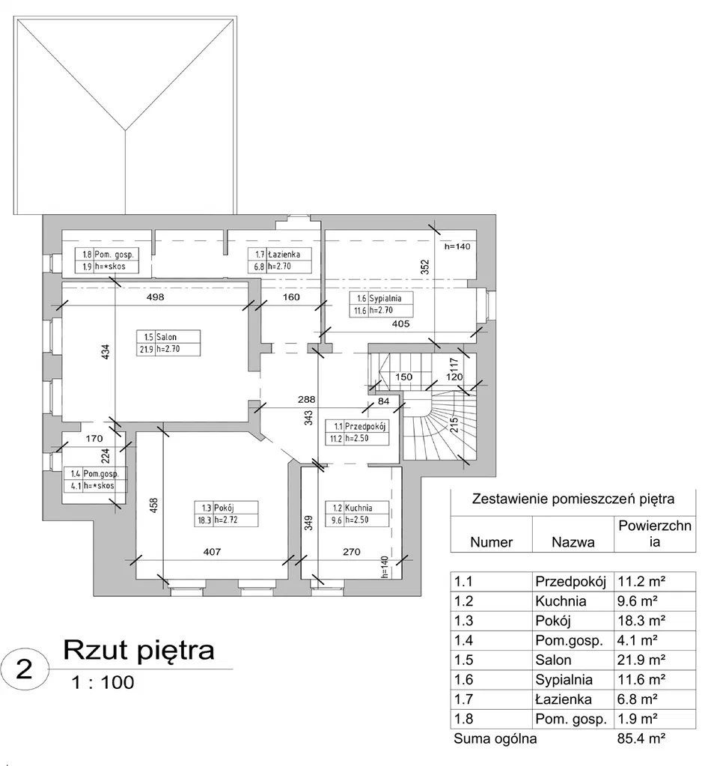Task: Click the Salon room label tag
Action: (168, 343)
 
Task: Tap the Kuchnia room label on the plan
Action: (358, 514)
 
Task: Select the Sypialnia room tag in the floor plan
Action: (381, 304)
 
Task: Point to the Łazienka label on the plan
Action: (280, 261)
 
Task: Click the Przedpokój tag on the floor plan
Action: (358, 432)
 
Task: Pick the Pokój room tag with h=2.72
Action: (226, 514)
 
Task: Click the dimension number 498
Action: (155, 297)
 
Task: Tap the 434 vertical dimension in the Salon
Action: (106, 353)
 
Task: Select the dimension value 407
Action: (212, 552)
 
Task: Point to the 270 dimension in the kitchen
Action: (352, 552)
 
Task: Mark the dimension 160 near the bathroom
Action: (291, 297)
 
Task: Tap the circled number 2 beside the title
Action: (25, 669)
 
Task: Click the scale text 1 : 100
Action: (103, 682)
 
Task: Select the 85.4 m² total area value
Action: (641, 738)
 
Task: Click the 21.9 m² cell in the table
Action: (641, 660)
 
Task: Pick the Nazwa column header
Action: (573, 542)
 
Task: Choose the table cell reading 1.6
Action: (463, 680)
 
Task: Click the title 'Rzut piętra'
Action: (138, 651)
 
